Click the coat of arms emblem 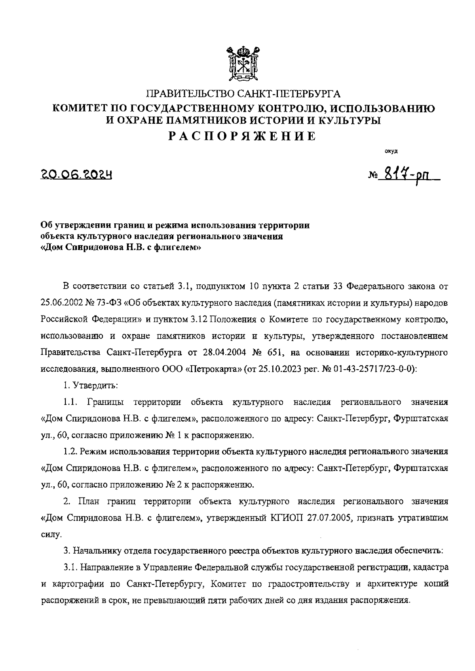[243, 63]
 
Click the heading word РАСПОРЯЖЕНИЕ [242, 136]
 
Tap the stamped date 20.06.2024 [76, 174]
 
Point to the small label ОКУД [391, 151]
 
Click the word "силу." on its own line [51, 535]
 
